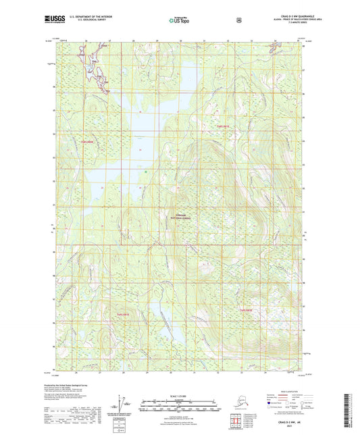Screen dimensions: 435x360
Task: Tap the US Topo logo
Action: coord(180,21)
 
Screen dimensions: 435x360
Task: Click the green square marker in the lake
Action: coord(145,172)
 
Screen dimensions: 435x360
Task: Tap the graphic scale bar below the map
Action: coord(179,403)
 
